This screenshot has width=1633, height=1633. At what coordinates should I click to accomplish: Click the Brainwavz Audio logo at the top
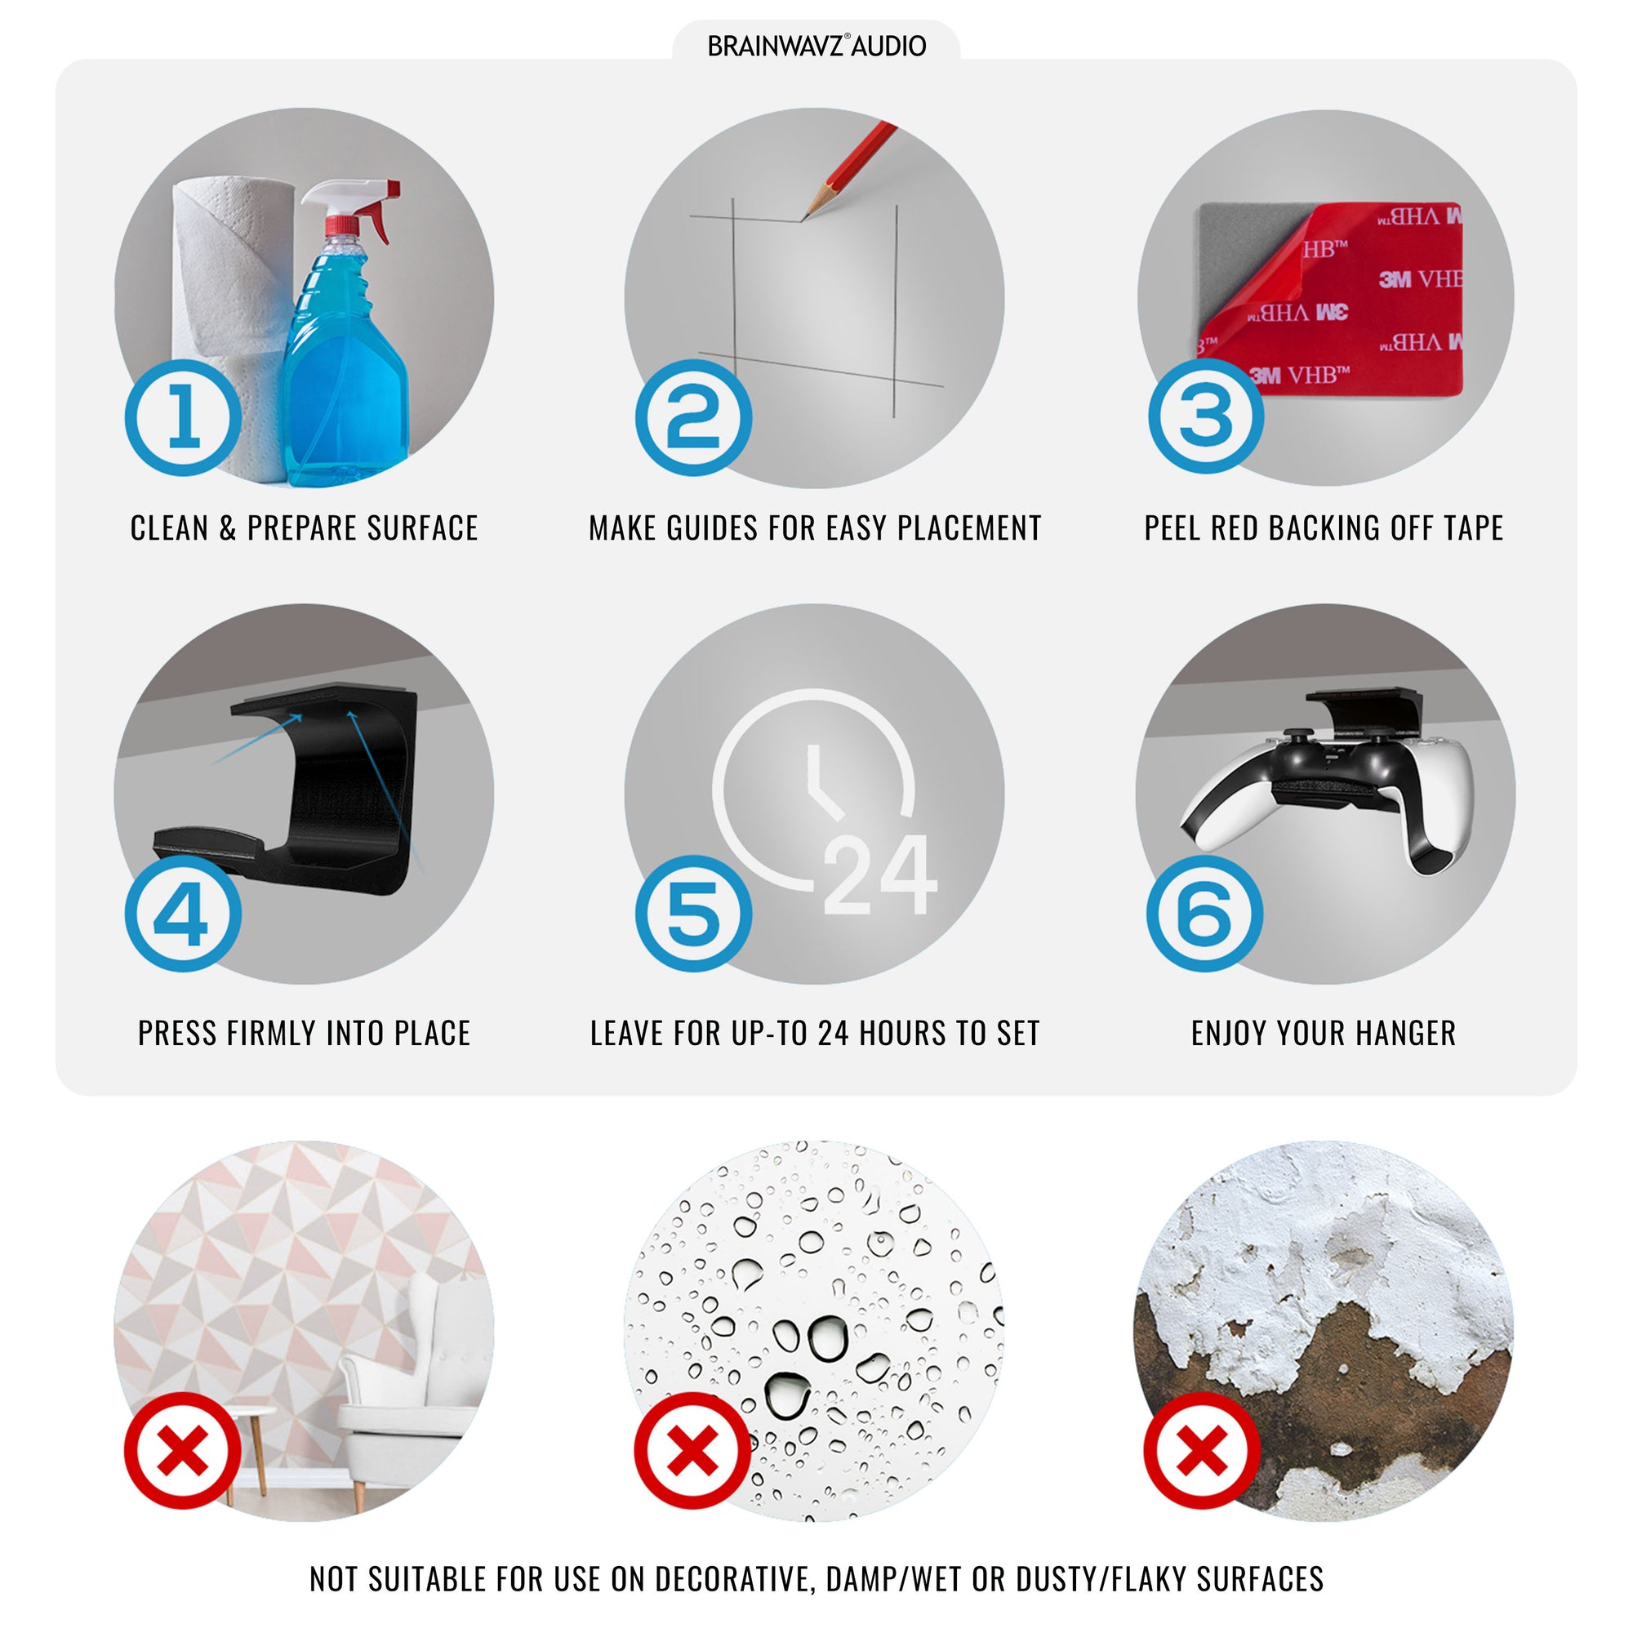(816, 46)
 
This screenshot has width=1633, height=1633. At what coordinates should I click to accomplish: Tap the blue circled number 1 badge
(184, 417)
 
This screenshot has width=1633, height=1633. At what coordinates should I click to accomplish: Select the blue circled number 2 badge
(694, 417)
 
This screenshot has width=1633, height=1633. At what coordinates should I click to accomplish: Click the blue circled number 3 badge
(1206, 415)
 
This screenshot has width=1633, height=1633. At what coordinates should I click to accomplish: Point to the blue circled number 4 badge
(184, 914)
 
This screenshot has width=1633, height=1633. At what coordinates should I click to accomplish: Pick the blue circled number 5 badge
(694, 914)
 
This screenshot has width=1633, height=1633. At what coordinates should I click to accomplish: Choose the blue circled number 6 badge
(1204, 914)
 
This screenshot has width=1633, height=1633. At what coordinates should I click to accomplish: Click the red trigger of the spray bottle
(381, 211)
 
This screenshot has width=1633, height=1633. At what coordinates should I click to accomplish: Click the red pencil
(848, 170)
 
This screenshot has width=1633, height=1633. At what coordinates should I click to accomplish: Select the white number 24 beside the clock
(880, 874)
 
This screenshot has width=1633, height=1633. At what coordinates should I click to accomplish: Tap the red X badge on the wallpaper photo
(184, 1450)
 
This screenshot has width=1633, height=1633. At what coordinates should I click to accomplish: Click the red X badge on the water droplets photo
(693, 1450)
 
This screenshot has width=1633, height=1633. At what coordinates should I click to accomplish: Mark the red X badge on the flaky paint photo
(1202, 1450)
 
